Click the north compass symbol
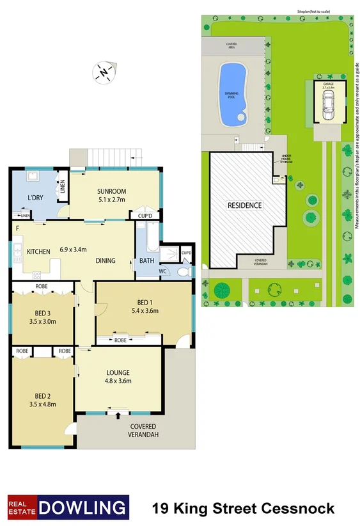point(104,72)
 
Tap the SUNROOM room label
point(111,191)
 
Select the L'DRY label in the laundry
point(35,198)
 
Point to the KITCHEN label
point(38,251)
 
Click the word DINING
point(106,260)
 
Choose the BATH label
point(146,260)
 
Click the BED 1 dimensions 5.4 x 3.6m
point(145,312)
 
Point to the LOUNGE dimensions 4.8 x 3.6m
point(118,381)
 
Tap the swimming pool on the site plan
point(231,94)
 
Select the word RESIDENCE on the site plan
point(245,205)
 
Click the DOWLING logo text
point(83,509)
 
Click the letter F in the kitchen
point(17,228)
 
